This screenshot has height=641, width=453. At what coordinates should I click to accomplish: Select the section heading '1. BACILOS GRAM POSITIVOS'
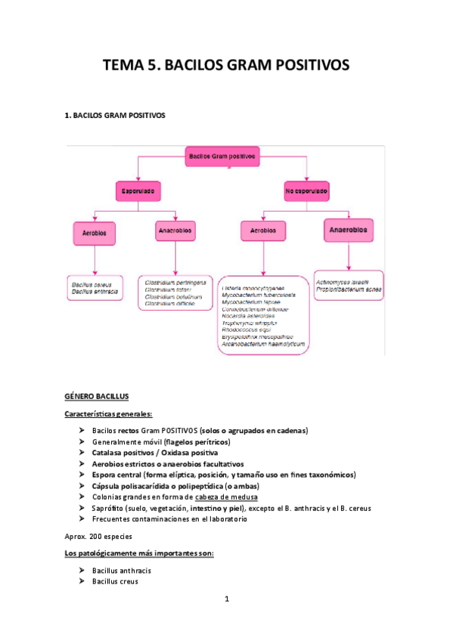tap(115, 116)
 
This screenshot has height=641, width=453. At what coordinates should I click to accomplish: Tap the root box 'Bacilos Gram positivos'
tap(221, 156)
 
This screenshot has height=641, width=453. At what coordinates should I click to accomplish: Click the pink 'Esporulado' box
tap(138, 192)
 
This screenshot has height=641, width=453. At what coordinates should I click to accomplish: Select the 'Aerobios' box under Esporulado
tap(94, 232)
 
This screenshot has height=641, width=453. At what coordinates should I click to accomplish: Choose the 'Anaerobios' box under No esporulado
tap(348, 229)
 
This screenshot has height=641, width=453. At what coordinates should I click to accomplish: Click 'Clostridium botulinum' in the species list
tap(174, 297)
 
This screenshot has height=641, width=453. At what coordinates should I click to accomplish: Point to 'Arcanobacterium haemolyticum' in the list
tap(264, 344)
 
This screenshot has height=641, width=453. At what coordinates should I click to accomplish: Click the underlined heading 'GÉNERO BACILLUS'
tap(97, 395)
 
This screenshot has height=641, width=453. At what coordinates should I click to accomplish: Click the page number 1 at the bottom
tap(226, 599)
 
